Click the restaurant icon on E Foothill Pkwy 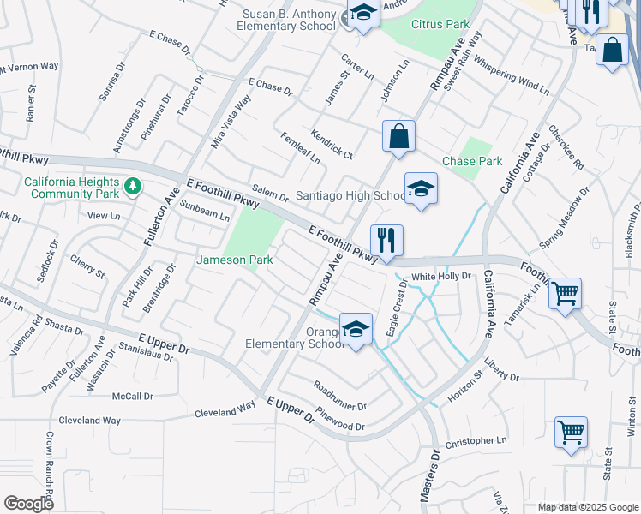[386, 240]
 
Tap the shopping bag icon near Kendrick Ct [399, 135]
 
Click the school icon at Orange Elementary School [356, 329]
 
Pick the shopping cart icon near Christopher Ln [571, 432]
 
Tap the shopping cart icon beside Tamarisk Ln [565, 293]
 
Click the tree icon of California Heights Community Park [132, 185]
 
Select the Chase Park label [472, 161]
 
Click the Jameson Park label [230, 260]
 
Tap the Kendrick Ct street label [332, 146]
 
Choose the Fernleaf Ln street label [300, 148]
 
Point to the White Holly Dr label [442, 276]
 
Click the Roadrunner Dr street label [339, 395]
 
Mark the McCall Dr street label [132, 397]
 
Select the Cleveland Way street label [89, 421]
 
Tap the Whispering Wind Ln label [511, 75]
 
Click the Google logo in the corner [28, 504]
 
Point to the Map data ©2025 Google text [588, 507]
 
